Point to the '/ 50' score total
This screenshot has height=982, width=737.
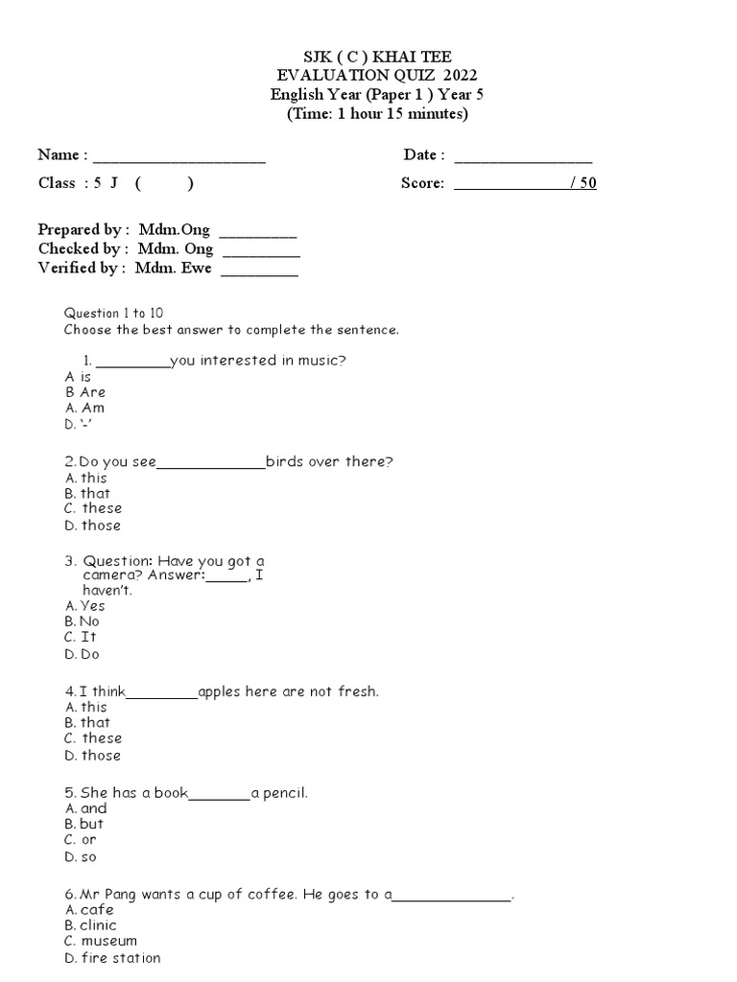click(582, 183)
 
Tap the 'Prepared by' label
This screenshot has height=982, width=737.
click(82, 230)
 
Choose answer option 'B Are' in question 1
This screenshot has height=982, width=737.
click(85, 392)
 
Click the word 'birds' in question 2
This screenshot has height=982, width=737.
click(285, 461)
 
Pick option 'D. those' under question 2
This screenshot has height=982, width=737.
click(92, 525)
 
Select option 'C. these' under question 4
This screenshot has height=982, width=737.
click(93, 738)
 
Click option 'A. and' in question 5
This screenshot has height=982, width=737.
click(85, 808)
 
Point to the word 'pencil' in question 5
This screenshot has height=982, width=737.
click(284, 793)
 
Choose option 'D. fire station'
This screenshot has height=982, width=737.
click(112, 958)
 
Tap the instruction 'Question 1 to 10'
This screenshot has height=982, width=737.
click(113, 314)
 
